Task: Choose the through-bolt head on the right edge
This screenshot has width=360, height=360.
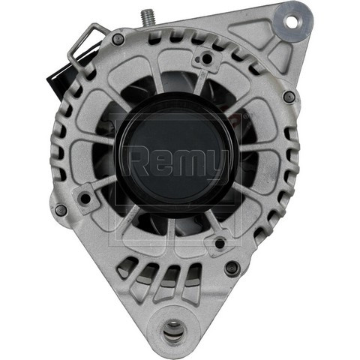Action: point(288,96)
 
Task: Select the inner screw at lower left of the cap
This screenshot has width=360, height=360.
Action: point(85,198)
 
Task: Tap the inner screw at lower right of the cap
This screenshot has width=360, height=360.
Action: point(220,243)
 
